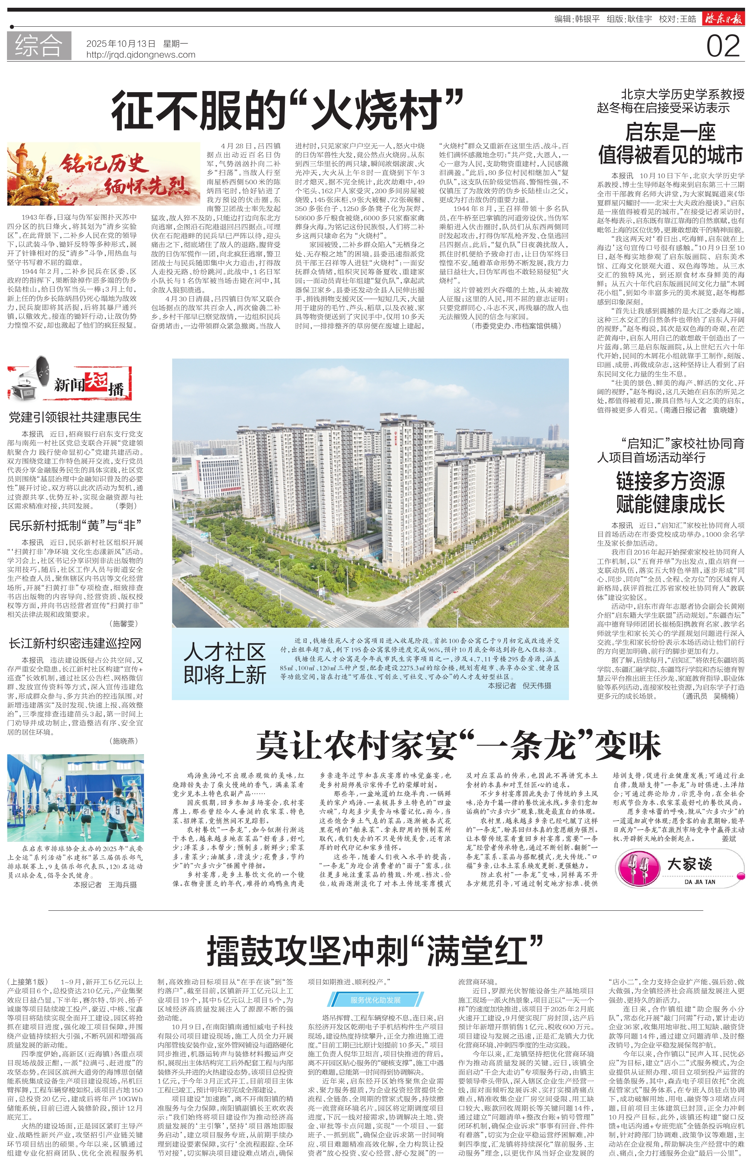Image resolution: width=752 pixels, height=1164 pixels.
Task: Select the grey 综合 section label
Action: [39, 46]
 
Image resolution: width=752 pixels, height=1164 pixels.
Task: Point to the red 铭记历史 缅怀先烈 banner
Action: [103, 174]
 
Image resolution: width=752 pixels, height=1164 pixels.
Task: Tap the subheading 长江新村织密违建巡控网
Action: [75, 644]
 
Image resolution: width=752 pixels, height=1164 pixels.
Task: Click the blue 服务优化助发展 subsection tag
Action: [375, 1000]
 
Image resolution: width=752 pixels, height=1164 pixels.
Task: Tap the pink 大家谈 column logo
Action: [679, 867]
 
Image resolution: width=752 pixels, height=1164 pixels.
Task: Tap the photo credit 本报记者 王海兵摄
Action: [105, 884]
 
